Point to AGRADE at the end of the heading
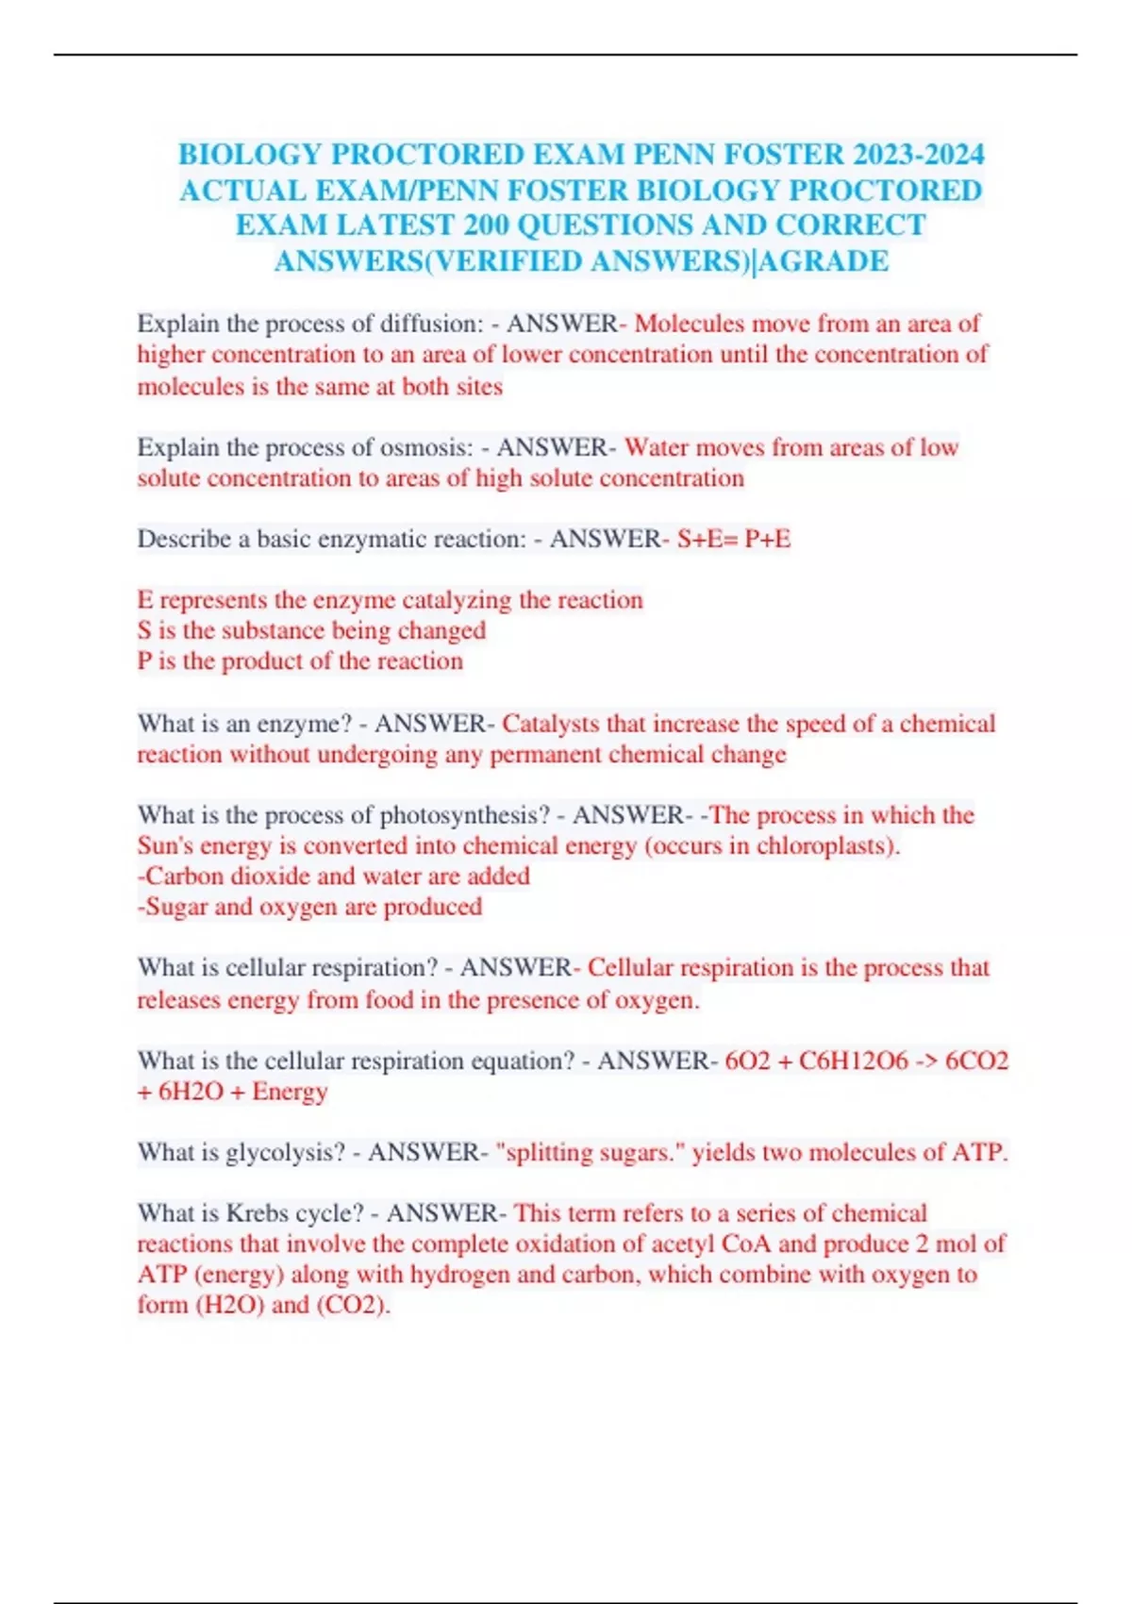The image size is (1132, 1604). tap(824, 261)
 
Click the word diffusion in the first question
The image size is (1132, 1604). tap(431, 324)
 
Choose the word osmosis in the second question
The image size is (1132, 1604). tap(426, 447)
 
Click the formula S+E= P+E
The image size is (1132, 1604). tap(734, 539)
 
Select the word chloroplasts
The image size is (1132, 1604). tap(824, 845)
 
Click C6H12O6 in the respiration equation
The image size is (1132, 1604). tap(854, 1061)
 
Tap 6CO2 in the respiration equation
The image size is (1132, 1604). tap(976, 1061)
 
